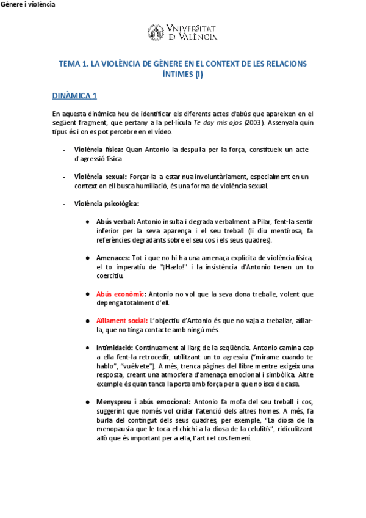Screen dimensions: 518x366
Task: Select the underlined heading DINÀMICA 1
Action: coord(74,96)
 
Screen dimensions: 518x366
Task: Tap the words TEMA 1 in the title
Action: coord(73,64)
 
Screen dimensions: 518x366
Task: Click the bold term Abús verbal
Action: coord(116,222)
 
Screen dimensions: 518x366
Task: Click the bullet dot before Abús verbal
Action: coord(89,222)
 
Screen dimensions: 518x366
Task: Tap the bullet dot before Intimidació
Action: coord(89,348)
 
